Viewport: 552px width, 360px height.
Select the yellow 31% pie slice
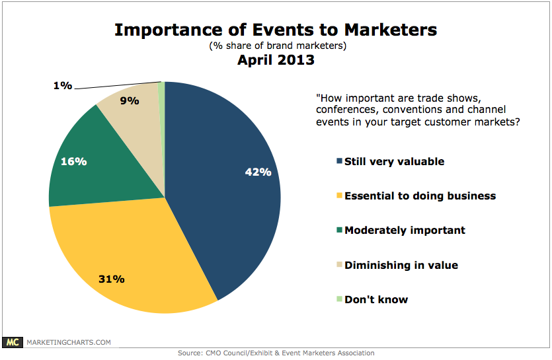click(132, 264)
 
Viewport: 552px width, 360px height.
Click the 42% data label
click(258, 172)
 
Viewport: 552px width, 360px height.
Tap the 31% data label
click(112, 279)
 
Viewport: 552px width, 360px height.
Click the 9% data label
click(129, 101)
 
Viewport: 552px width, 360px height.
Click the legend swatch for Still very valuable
click(340, 162)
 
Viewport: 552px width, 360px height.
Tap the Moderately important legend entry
click(405, 231)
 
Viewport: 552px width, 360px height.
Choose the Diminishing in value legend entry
click(401, 265)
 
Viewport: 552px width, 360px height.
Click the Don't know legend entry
click(375, 300)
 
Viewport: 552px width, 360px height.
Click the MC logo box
click(13, 342)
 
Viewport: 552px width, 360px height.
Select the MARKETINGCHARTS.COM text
click(68, 342)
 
